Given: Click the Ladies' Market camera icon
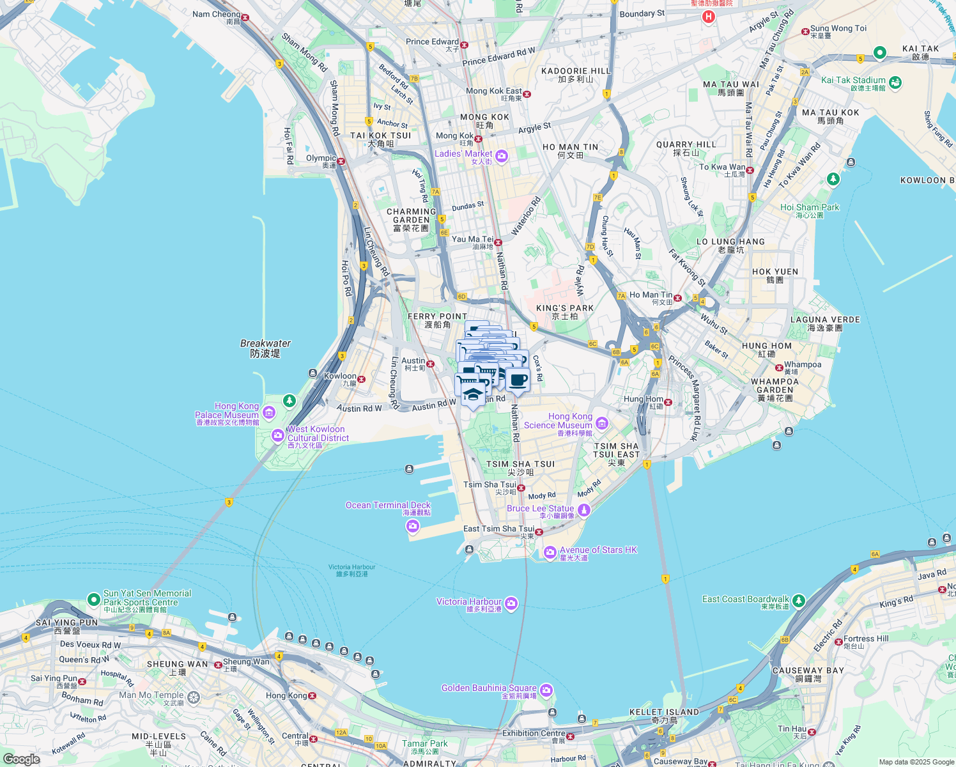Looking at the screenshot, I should pyautogui.click(x=502, y=156).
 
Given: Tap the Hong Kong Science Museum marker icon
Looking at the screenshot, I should pyautogui.click(x=601, y=422).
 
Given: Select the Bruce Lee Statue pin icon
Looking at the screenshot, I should pyautogui.click(x=583, y=510).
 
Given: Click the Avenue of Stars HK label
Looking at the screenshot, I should pyautogui.click(x=598, y=550).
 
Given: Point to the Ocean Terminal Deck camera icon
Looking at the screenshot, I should pyautogui.click(x=412, y=526).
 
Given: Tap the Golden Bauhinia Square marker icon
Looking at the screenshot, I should pyautogui.click(x=546, y=690).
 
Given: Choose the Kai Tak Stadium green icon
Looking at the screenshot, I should pyautogui.click(x=895, y=82).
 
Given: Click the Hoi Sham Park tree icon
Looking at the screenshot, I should pyautogui.click(x=833, y=179).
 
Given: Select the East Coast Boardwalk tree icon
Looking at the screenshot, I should pyautogui.click(x=798, y=601).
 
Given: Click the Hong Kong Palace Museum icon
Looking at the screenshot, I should pyautogui.click(x=268, y=412).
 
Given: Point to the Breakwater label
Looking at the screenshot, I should pyautogui.click(x=265, y=344).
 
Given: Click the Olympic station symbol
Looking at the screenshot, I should pyautogui.click(x=341, y=162).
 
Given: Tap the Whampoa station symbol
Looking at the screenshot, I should pyautogui.click(x=779, y=368).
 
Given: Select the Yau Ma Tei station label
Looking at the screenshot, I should pyautogui.click(x=473, y=240).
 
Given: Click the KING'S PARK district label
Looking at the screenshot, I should pyautogui.click(x=565, y=308).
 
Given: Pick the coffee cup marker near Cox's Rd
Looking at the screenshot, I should pyautogui.click(x=518, y=380).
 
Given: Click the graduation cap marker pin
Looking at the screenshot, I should pyautogui.click(x=472, y=394).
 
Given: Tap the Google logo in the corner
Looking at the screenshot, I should pyautogui.click(x=22, y=759).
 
